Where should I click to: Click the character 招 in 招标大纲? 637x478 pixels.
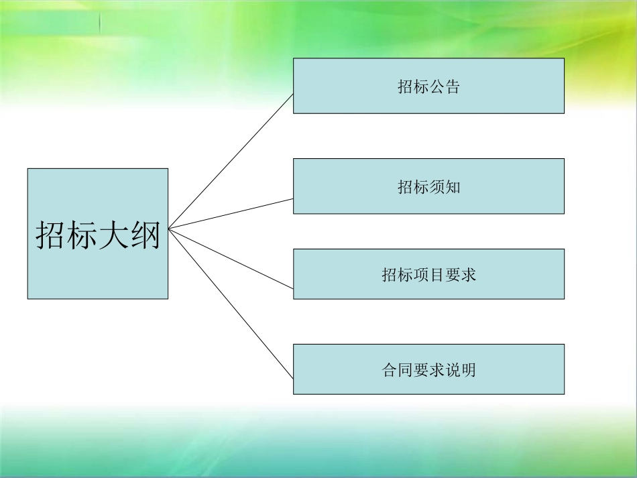(51, 235)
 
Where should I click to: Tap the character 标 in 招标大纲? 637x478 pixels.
(82, 235)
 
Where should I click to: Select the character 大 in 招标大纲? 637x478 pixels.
(113, 235)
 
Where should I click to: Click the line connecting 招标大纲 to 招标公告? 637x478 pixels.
(231, 161)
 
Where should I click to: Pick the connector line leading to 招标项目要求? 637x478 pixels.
(231, 259)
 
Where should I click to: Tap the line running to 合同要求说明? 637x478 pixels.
(231, 304)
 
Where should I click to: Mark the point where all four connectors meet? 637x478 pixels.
(168, 229)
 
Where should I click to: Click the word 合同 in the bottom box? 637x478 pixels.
(398, 370)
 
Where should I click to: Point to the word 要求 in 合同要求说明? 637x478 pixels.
(429, 370)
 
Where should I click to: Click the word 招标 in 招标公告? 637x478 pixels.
(413, 87)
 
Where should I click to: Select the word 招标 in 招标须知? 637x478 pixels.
(413, 188)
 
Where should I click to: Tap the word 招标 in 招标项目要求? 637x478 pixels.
(398, 275)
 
